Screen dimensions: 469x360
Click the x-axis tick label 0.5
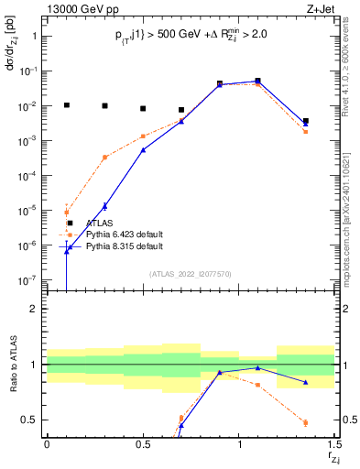point(143,444)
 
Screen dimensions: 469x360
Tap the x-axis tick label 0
point(47,444)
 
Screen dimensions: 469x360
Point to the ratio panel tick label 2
point(34,309)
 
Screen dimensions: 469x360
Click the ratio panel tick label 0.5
point(29,420)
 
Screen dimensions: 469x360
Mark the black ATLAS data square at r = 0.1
point(66,105)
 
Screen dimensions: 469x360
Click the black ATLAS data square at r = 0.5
point(143,108)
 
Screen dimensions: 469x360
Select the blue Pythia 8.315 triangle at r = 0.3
point(104,206)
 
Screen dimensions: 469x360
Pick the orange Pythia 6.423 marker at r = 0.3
point(104,158)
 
